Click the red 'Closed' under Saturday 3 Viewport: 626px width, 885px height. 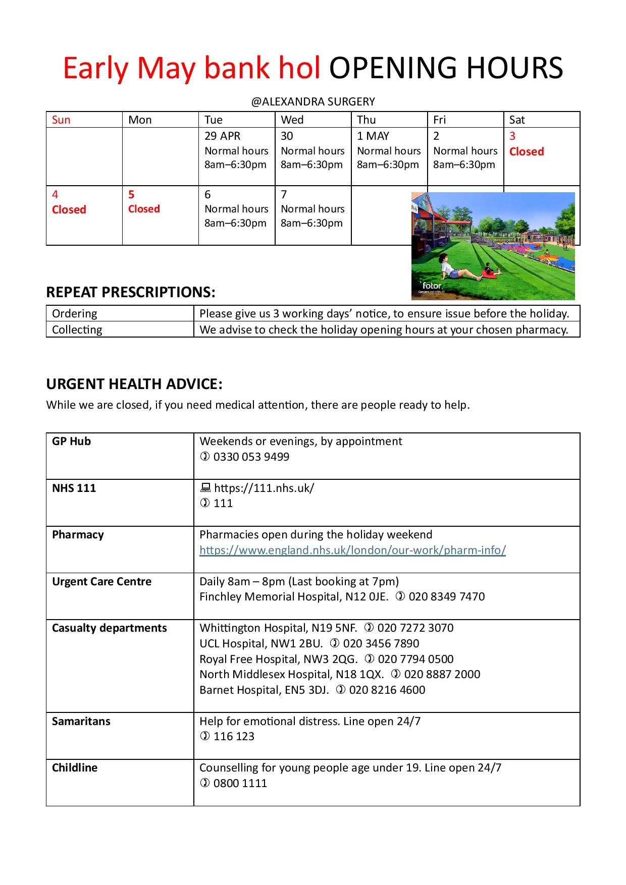527,151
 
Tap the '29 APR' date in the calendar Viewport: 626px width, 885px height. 222,136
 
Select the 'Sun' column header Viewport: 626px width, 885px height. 61,120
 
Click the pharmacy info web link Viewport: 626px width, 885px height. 352,550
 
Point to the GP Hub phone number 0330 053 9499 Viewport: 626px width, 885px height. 251,457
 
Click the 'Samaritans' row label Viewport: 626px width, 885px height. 81,721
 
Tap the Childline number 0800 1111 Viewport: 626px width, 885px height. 240,783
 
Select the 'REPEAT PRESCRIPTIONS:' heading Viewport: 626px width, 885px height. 131,292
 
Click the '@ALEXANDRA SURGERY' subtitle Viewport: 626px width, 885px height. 313,101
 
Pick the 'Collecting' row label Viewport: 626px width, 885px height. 77,329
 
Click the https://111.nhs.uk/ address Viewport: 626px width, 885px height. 264,488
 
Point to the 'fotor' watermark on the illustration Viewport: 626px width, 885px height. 432,286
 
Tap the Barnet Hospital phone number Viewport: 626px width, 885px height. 387,690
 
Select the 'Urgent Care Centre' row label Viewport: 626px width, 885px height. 101,581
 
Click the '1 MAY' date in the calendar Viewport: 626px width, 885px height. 373,136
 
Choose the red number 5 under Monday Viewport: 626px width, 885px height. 131,194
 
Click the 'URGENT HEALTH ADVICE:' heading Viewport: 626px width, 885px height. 134,384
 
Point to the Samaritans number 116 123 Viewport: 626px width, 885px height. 234,736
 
